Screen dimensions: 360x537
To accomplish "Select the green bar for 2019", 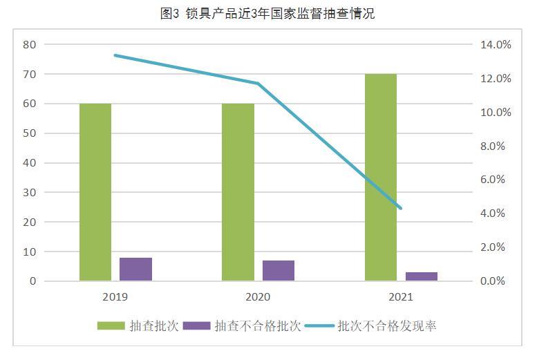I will pyautogui.click(x=95, y=192).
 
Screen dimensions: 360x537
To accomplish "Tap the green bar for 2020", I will pyautogui.click(x=238, y=192).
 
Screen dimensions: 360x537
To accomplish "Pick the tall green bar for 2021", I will pyautogui.click(x=381, y=177).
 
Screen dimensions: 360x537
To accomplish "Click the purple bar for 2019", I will pyautogui.click(x=135, y=269).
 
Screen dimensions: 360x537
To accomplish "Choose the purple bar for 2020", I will pyautogui.click(x=278, y=271).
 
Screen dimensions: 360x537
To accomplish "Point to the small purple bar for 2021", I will pyautogui.click(x=421, y=276).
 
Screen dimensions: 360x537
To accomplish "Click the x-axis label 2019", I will pyautogui.click(x=115, y=297).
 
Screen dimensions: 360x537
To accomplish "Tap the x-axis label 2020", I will pyautogui.click(x=258, y=297).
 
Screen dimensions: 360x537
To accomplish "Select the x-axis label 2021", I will pyautogui.click(x=401, y=297).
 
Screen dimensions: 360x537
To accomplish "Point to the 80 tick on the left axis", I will pyautogui.click(x=29, y=44).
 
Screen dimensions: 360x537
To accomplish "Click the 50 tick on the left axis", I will pyautogui.click(x=29, y=133).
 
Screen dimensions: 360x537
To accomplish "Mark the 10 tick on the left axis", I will pyautogui.click(x=29, y=252).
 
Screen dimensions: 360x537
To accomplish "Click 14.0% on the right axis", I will pyautogui.click(x=496, y=45).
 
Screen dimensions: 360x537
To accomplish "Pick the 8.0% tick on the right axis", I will pyautogui.click(x=496, y=146).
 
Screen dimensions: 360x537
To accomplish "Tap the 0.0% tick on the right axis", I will pyautogui.click(x=496, y=281).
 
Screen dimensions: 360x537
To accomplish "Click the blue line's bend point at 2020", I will pyautogui.click(x=258, y=84).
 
